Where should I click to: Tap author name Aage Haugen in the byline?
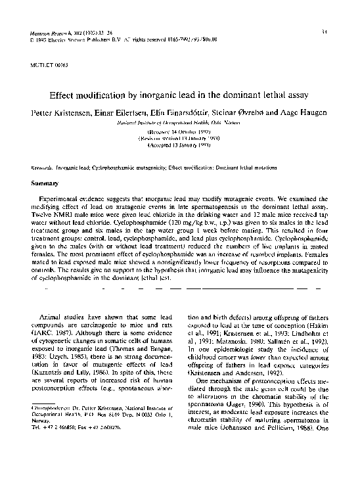coord(302,113)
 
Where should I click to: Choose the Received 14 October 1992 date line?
coord(179,132)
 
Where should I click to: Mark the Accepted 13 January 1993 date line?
coord(179,145)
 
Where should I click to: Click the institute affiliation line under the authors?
coord(179,123)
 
